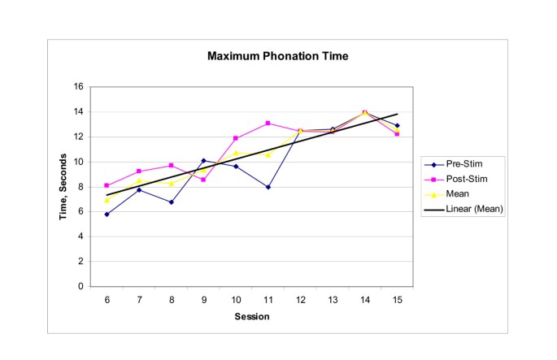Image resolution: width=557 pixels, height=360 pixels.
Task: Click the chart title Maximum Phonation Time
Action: point(277,57)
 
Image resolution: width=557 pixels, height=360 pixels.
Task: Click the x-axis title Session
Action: point(252,316)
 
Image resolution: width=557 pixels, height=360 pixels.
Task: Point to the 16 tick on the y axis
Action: point(79,87)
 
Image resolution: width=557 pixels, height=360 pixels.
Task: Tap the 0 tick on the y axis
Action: point(81,287)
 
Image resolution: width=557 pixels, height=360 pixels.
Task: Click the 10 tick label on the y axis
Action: point(79,162)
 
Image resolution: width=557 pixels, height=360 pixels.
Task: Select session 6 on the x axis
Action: point(107,300)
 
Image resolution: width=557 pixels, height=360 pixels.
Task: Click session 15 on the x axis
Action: point(397,300)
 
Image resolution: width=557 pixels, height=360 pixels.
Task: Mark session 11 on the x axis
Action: point(268,300)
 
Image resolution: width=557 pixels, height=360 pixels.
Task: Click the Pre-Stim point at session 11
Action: point(268,187)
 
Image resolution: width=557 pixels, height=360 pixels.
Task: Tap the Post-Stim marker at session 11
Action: point(268,124)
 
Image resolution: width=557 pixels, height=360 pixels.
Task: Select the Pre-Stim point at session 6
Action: point(107,215)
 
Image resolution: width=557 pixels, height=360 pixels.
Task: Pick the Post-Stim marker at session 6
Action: point(107,185)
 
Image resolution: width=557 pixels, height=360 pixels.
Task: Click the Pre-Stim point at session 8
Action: point(171,202)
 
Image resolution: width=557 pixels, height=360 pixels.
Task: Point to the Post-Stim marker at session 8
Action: point(171,166)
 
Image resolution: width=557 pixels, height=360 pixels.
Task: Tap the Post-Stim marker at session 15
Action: point(397,134)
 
